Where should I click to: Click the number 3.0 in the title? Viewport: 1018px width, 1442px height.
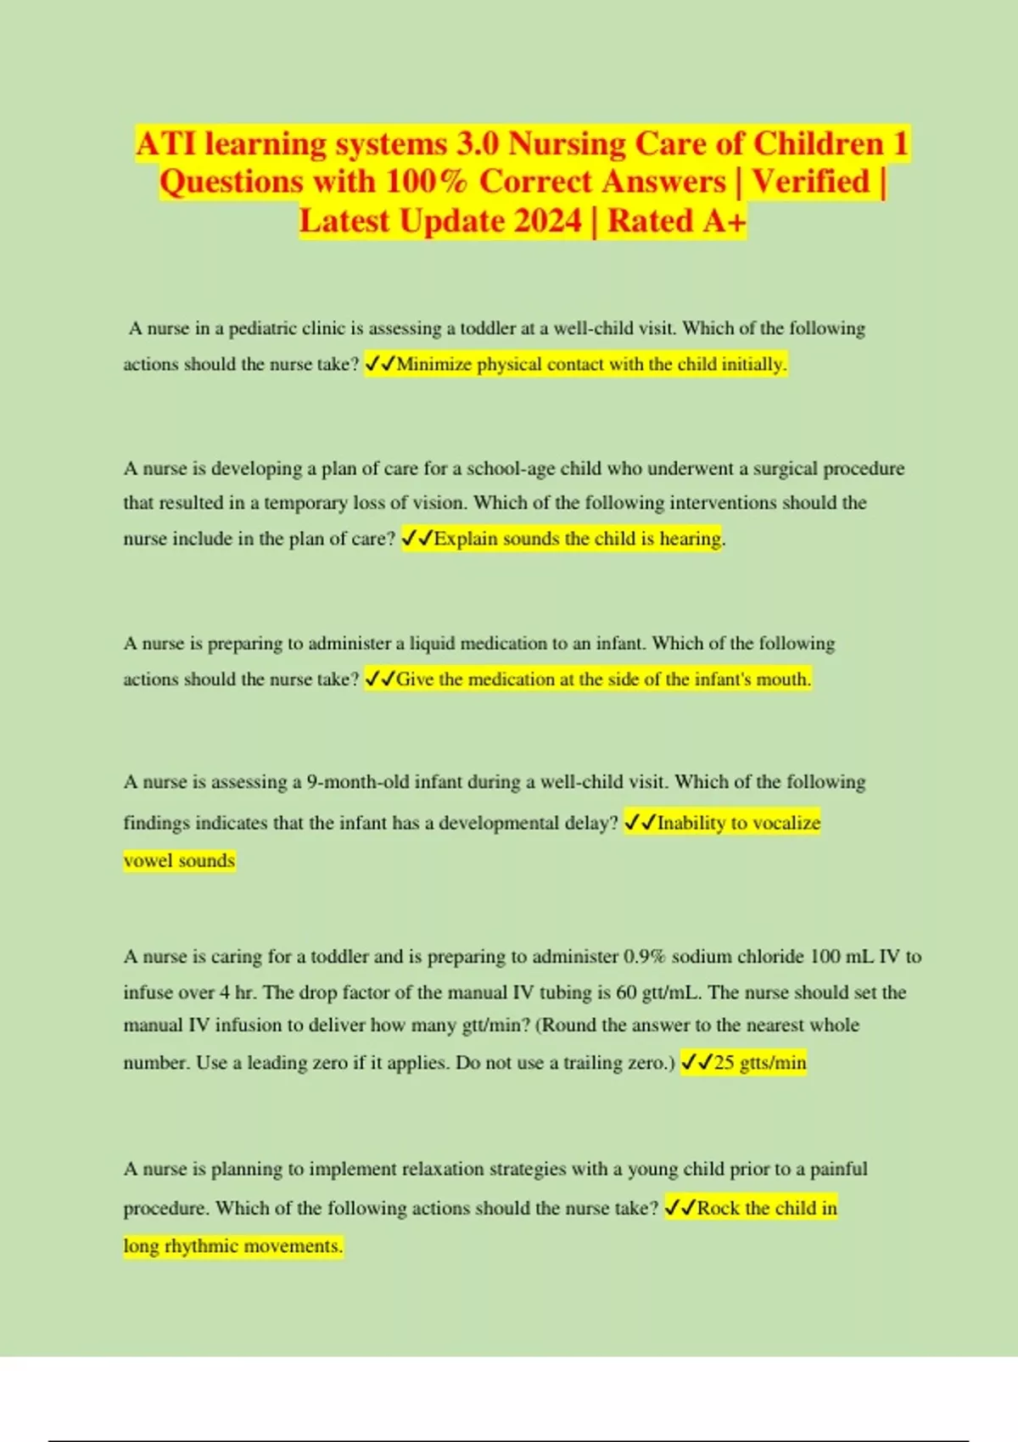[478, 144]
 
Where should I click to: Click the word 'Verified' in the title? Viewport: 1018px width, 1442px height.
[812, 182]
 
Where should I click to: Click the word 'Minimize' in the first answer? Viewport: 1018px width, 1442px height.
[434, 365]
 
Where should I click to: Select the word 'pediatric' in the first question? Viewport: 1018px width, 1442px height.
[263, 329]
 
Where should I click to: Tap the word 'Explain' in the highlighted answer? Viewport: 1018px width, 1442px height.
[466, 539]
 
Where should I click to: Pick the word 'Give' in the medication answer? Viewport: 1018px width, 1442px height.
[416, 679]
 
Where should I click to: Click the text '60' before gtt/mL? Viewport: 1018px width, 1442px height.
[627, 992]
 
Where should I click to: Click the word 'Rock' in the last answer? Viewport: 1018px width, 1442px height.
[718, 1208]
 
